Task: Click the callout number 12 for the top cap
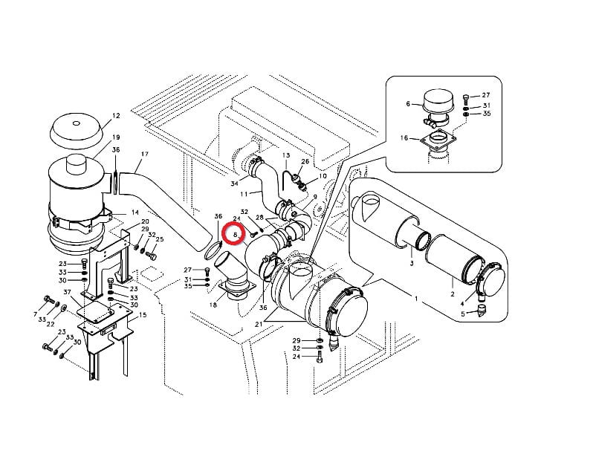point(116,116)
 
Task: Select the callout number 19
point(116,137)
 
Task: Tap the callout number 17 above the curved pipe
point(144,154)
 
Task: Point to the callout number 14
point(135,212)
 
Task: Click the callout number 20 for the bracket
point(145,221)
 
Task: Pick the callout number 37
point(68,292)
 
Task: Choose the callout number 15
point(143,315)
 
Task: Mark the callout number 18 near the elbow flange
point(213,305)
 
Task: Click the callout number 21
point(259,324)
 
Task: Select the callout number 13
point(286,155)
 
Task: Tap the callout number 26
point(305,161)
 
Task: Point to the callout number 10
point(323,176)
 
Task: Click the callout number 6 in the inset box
point(408,104)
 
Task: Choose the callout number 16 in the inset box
point(404,137)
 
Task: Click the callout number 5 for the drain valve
point(463,314)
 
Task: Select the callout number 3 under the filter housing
point(412,263)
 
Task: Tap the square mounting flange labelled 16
point(438,140)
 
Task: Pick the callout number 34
point(235,184)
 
